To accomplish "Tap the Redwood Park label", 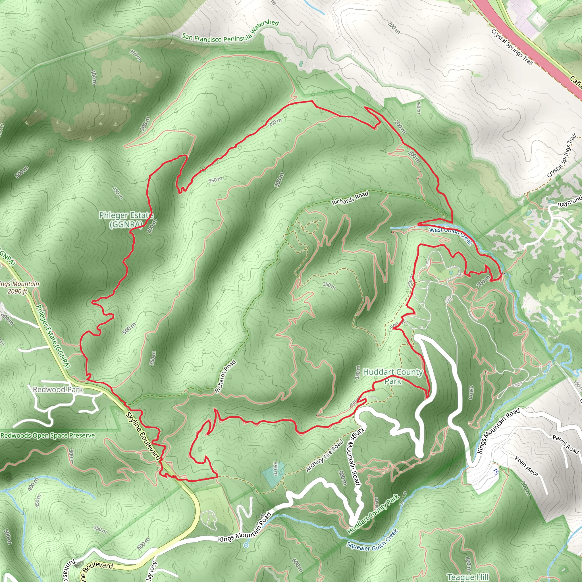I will click(58, 390).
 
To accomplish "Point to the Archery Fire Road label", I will click(325, 456).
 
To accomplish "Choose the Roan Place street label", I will click(526, 466).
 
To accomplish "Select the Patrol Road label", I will click(566, 444).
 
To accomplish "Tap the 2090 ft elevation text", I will click(17, 291).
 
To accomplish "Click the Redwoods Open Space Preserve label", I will click(47, 435).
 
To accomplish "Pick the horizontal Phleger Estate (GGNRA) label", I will click(126, 220).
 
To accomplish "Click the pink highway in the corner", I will click(530, 45).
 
